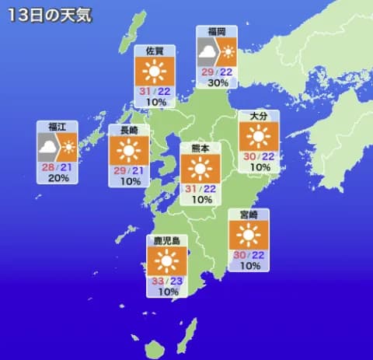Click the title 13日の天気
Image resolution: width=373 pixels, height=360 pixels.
(x=47, y=15)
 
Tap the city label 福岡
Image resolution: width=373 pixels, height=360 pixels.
(x=216, y=31)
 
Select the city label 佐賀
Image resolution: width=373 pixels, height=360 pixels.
(x=154, y=51)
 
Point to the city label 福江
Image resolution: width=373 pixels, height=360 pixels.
(x=58, y=126)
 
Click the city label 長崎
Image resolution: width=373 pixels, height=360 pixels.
(x=129, y=130)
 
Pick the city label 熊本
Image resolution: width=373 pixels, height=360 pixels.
(x=201, y=147)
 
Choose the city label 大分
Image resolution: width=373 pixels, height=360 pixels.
(x=260, y=116)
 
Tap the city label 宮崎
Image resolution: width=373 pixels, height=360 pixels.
(x=249, y=214)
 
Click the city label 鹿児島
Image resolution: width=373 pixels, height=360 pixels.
(x=166, y=241)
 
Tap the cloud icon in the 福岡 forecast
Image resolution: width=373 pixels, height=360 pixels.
(x=207, y=53)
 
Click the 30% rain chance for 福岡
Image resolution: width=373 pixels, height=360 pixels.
(x=217, y=83)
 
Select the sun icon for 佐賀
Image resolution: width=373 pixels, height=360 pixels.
(x=154, y=72)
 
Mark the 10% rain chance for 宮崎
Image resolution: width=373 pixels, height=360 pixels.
(x=249, y=266)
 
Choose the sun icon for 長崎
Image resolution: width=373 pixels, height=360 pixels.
(x=129, y=150)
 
